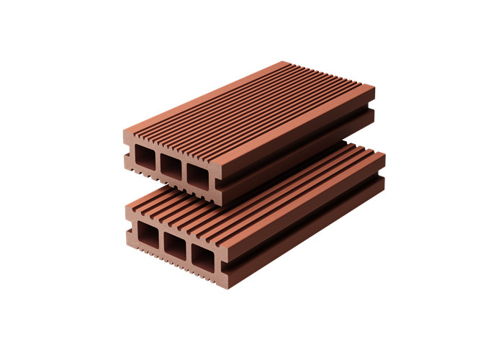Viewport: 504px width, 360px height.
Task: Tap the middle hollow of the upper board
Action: click(171, 167)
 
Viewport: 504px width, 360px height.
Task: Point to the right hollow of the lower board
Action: click(202, 254)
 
